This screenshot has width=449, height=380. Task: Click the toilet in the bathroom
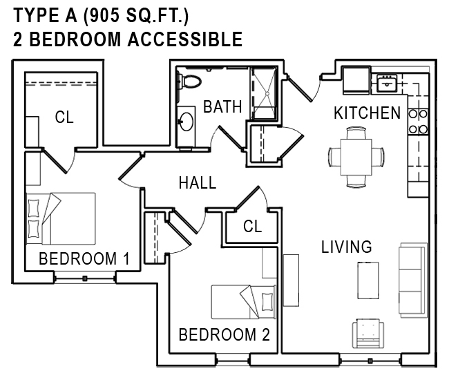click(189, 81)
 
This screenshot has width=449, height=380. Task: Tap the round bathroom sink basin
click(187, 122)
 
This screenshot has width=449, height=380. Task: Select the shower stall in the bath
click(264, 93)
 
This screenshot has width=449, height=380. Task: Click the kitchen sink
click(387, 82)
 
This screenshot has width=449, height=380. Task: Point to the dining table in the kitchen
click(356, 158)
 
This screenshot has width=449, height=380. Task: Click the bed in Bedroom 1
click(61, 218)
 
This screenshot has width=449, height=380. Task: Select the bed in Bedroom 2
click(244, 302)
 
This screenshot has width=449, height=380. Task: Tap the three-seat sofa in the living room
click(413, 280)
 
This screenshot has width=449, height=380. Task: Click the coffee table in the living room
click(368, 281)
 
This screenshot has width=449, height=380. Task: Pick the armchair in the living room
click(368, 333)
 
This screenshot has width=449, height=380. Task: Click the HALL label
click(198, 183)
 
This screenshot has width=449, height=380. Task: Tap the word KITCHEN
click(367, 113)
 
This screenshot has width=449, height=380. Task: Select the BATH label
click(222, 106)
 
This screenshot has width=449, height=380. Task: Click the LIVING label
click(347, 247)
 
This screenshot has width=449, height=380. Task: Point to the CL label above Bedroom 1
click(64, 117)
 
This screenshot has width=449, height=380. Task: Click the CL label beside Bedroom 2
click(252, 226)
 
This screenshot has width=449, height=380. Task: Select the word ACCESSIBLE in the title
click(185, 39)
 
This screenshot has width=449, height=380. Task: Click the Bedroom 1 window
click(85, 278)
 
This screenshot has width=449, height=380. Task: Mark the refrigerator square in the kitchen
click(356, 80)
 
